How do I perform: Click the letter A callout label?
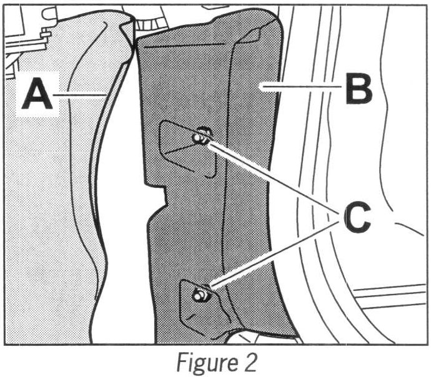(37, 94)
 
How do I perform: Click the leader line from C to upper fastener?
(275, 178)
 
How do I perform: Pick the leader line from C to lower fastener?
(275, 253)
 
